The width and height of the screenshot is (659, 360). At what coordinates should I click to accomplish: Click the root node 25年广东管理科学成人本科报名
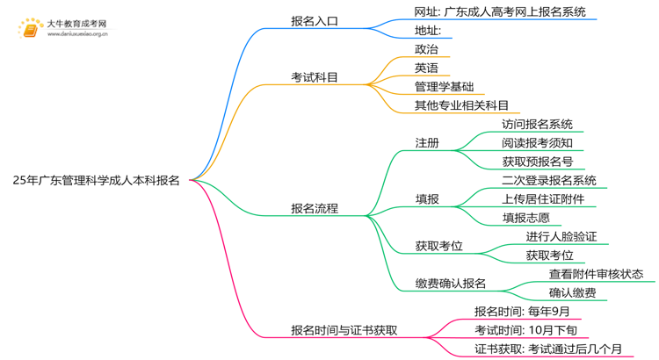(97, 181)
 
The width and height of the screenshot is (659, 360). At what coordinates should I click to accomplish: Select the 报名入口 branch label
(315, 22)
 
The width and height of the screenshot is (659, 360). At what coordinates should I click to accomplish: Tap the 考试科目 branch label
(315, 77)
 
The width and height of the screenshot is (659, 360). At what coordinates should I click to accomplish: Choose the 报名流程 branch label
(315, 209)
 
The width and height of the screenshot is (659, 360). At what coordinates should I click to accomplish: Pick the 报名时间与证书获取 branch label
(344, 331)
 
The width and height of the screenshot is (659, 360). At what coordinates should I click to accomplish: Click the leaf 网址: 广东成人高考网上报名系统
(499, 12)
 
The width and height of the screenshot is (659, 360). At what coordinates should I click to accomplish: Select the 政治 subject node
(426, 49)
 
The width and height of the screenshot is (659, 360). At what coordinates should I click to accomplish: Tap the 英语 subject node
(426, 68)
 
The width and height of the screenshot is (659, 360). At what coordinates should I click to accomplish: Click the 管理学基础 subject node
(444, 86)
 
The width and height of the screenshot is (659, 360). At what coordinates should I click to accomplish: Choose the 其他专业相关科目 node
(461, 105)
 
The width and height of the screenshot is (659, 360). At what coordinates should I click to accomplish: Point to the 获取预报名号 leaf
(537, 161)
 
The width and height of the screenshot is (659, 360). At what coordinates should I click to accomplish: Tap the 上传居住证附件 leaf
(543, 198)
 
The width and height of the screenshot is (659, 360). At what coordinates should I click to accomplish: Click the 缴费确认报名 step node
(450, 284)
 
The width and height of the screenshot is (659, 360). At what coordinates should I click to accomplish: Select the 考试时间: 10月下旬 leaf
(526, 329)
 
